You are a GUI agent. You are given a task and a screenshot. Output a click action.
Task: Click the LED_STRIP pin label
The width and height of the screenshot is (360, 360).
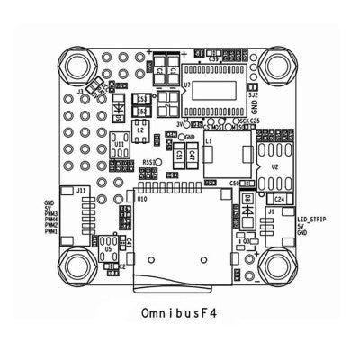click(308, 218)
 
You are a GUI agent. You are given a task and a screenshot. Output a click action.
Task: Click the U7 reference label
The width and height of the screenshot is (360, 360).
click(185, 85)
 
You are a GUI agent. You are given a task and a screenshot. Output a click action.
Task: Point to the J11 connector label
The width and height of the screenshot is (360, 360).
click(81, 191)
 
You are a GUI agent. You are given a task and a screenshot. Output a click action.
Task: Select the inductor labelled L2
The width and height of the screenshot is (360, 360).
click(141, 131)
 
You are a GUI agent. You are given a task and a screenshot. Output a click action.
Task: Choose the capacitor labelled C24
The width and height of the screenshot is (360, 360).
click(280, 197)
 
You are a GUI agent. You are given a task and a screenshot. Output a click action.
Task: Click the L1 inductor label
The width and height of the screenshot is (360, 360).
click(209, 141)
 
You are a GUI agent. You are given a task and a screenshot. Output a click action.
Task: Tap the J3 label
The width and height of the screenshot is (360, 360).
click(81, 90)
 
